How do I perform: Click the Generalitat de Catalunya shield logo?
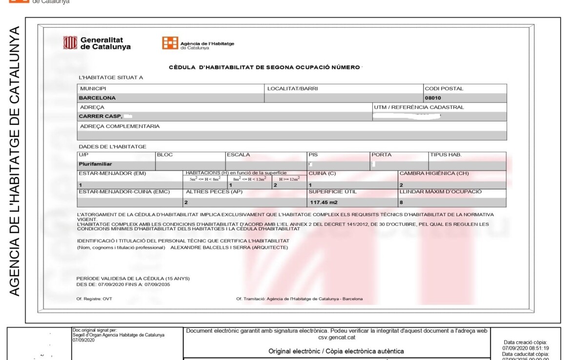(x=70, y=43)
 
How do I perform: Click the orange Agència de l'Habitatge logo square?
(x=170, y=43)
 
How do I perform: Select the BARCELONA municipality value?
(x=98, y=98)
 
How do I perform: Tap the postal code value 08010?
(x=433, y=98)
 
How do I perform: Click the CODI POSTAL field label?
(x=444, y=89)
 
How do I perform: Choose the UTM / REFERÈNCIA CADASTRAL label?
(x=419, y=107)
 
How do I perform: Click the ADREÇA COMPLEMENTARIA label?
(x=120, y=126)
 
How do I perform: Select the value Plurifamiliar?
(x=96, y=164)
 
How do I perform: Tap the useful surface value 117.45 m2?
(x=324, y=202)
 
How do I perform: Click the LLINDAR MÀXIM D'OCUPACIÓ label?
(x=440, y=192)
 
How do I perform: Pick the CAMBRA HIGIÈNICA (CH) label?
(x=434, y=174)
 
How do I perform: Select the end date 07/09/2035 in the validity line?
(x=154, y=284)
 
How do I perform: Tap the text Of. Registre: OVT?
(x=94, y=299)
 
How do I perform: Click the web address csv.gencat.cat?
(x=336, y=337)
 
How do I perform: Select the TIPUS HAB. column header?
(x=446, y=155)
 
